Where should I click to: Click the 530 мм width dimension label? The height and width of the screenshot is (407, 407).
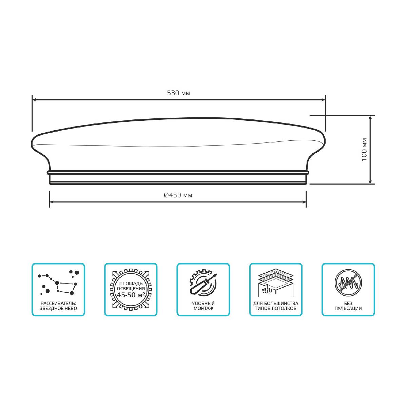178,93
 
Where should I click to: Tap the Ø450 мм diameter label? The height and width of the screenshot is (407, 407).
178,195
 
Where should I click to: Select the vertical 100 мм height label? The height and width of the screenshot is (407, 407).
365,149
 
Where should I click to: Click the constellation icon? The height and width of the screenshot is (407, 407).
58,283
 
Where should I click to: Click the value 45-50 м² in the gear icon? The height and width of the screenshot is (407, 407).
131,295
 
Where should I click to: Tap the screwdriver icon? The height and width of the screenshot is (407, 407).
203,284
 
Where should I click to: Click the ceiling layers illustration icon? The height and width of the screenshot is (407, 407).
276,283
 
